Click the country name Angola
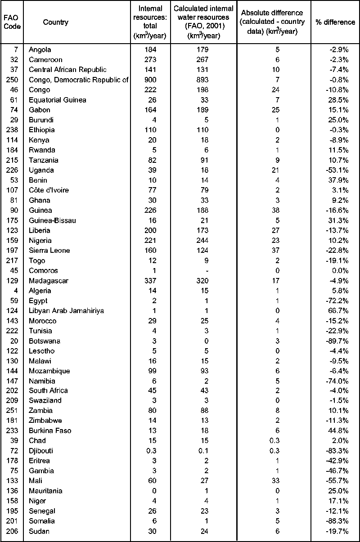40,49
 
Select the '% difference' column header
335,22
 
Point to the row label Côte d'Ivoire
49,190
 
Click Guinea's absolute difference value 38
277,211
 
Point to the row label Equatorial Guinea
57,100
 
